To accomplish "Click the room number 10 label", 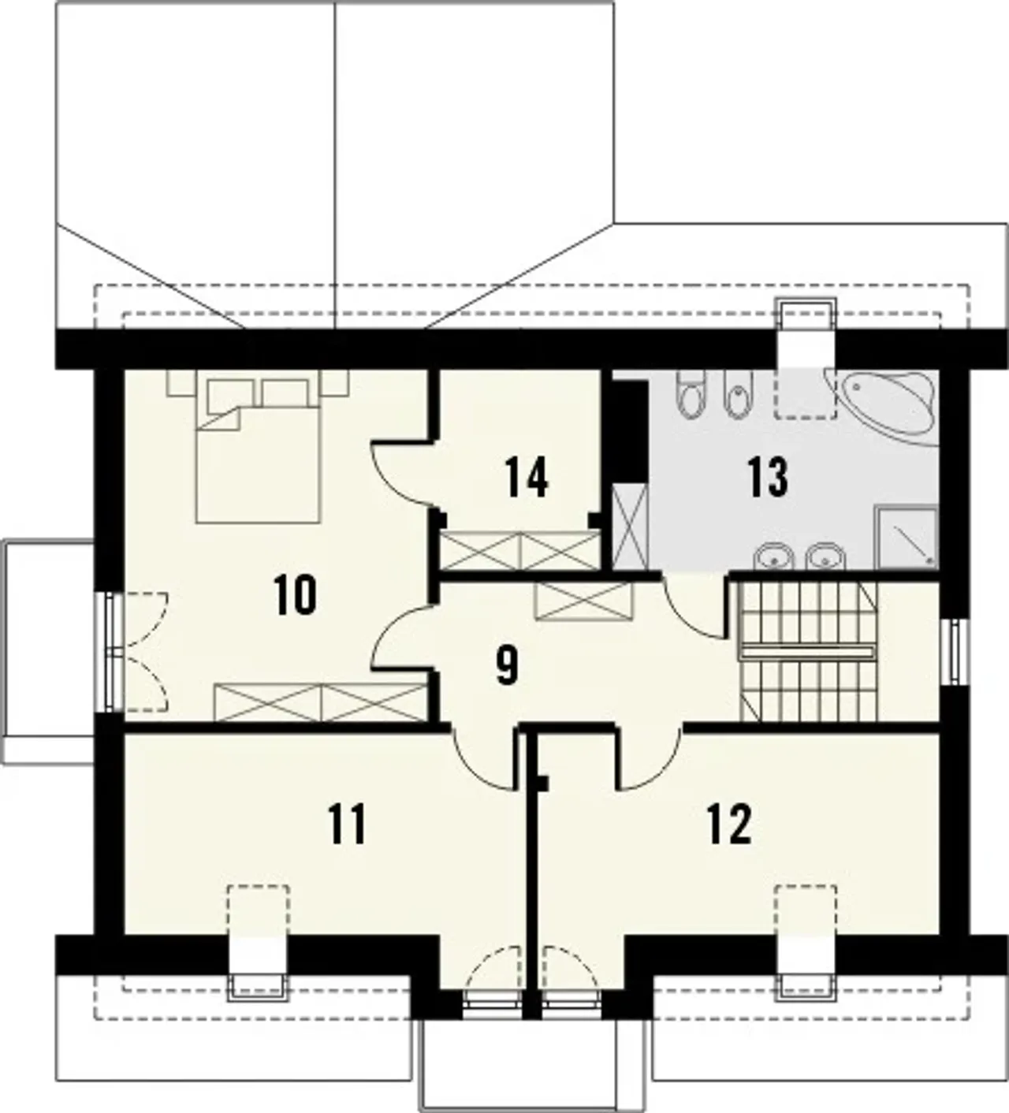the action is tap(295, 595).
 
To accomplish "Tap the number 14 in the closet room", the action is tap(527, 477).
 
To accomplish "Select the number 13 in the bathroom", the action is tap(768, 477).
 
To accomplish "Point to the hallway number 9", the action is tap(507, 665).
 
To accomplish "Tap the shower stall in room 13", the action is tap(907, 537).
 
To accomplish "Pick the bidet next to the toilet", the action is tap(739, 393).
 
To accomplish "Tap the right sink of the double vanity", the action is tap(825, 556).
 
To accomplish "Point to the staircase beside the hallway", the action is tap(809, 651).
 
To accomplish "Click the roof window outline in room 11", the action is tap(259, 916).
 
